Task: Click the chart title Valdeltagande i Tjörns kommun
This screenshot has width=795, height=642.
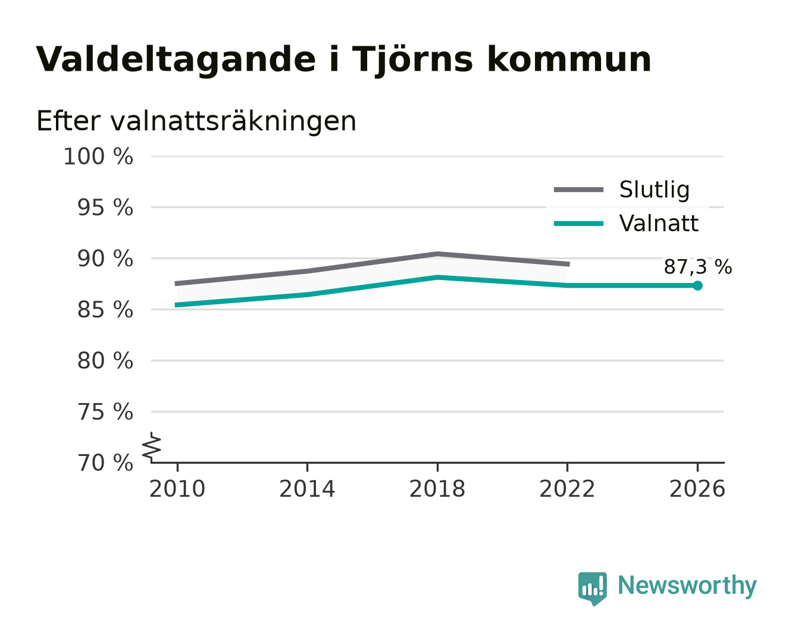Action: (x=343, y=59)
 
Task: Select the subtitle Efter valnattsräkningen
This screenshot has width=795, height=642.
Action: (x=196, y=121)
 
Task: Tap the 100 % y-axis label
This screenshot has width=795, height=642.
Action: (x=98, y=156)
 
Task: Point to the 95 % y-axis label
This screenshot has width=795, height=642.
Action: (x=105, y=207)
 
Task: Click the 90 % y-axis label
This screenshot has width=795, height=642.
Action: (x=105, y=259)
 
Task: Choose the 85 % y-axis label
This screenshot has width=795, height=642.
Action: (x=105, y=310)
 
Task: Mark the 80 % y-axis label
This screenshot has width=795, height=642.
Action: (x=105, y=360)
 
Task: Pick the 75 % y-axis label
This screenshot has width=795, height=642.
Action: (x=105, y=412)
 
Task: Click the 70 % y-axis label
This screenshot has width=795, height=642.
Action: (x=105, y=463)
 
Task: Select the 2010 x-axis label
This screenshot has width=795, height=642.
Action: (x=177, y=489)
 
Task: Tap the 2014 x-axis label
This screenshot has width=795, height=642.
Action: (x=307, y=489)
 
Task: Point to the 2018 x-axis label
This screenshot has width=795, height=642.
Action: (x=437, y=489)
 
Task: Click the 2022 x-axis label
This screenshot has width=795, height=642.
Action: (x=567, y=489)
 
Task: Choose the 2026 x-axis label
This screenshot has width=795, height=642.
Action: (x=697, y=489)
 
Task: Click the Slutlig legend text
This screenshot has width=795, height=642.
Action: (x=655, y=190)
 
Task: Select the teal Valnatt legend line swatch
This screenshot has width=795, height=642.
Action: (x=578, y=224)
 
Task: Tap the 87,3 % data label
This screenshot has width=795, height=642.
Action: (x=697, y=267)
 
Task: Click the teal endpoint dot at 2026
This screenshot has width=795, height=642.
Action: (x=697, y=285)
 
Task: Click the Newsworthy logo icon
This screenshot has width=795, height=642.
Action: (x=592, y=588)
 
